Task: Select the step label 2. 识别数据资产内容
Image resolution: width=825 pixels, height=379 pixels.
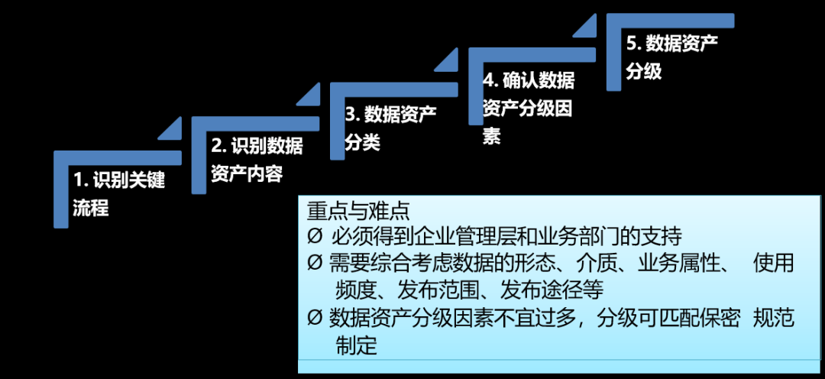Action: click(x=256, y=160)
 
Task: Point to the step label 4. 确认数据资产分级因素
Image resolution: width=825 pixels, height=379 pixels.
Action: click(x=527, y=108)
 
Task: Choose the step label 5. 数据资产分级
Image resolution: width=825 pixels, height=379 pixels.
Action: click(x=671, y=57)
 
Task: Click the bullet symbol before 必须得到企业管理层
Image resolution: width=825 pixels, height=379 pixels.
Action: click(x=315, y=236)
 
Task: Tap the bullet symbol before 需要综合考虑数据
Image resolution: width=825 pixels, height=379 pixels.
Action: click(x=315, y=264)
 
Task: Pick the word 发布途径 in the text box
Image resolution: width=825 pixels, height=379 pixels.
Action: click(x=539, y=290)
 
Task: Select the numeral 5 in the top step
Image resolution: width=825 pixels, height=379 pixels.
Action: click(x=631, y=43)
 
